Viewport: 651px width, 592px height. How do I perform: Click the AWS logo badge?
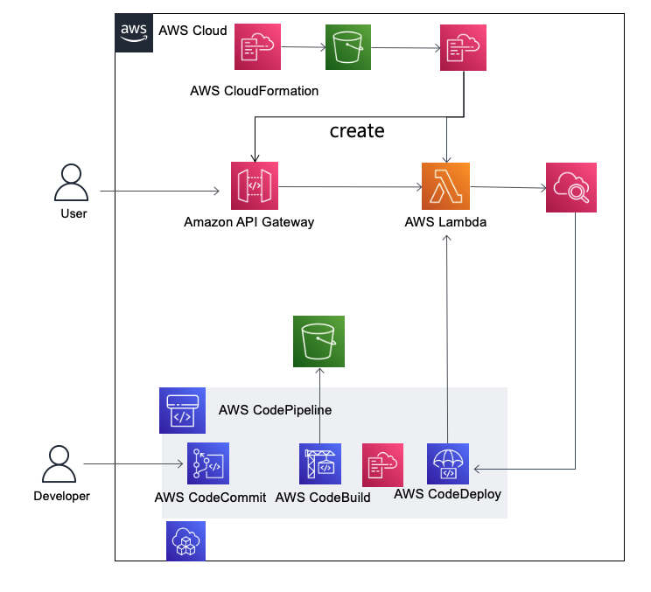click(133, 31)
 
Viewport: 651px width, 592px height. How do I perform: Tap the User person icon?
click(72, 185)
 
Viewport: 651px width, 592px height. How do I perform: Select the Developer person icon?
click(59, 466)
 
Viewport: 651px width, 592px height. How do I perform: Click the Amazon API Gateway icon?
click(254, 185)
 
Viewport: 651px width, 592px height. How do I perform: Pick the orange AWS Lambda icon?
click(445, 186)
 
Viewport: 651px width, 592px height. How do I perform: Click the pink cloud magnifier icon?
click(571, 186)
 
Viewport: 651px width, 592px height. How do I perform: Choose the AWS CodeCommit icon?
click(208, 465)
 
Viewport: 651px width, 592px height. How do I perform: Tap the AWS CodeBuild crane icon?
click(321, 464)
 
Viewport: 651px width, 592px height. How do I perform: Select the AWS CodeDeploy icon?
click(449, 463)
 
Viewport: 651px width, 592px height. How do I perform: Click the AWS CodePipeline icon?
click(182, 411)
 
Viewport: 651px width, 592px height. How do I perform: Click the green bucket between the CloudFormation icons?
click(349, 46)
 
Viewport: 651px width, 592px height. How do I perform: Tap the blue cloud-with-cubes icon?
click(185, 541)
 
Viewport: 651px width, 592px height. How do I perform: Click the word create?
click(357, 131)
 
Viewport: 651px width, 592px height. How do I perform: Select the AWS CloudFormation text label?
click(254, 90)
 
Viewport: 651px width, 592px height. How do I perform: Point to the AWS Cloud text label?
click(192, 31)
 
